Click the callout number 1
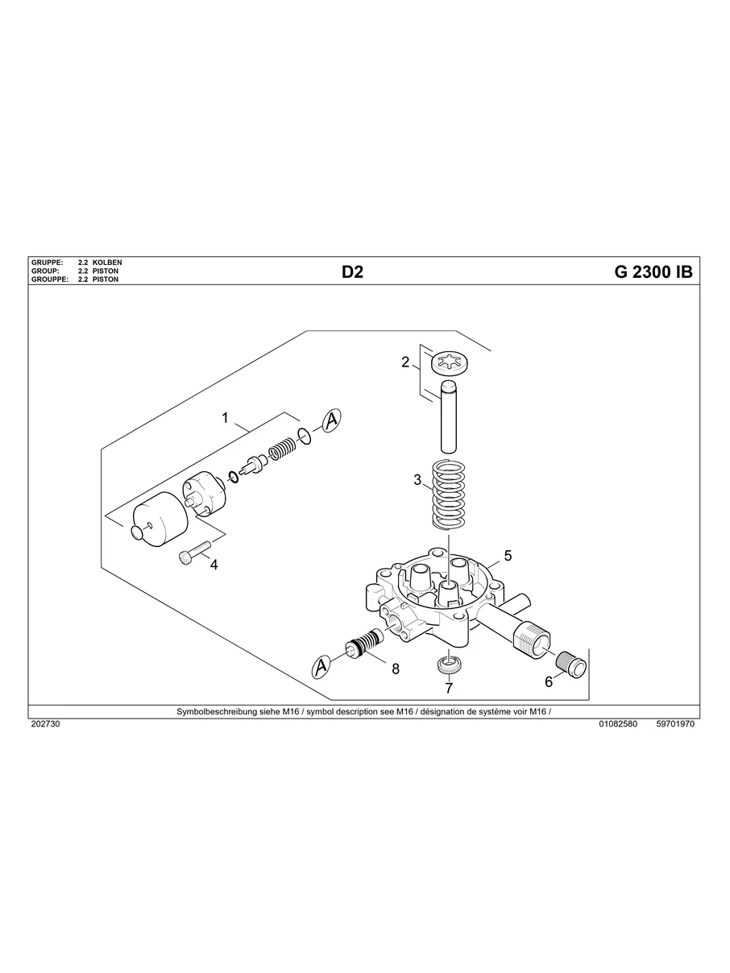click(x=226, y=418)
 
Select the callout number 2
click(x=405, y=362)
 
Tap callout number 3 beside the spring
click(x=417, y=480)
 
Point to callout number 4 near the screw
click(x=214, y=565)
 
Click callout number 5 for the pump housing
click(x=508, y=556)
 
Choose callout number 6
click(x=549, y=681)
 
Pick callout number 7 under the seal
click(x=449, y=688)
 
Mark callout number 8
click(x=395, y=668)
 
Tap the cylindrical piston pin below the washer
click(x=450, y=418)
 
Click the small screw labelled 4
click(x=193, y=553)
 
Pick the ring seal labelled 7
click(x=448, y=665)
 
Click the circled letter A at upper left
click(x=331, y=420)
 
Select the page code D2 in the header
click(x=353, y=272)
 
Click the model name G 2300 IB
click(x=653, y=272)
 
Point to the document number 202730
click(x=45, y=724)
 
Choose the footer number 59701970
click(x=675, y=724)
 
